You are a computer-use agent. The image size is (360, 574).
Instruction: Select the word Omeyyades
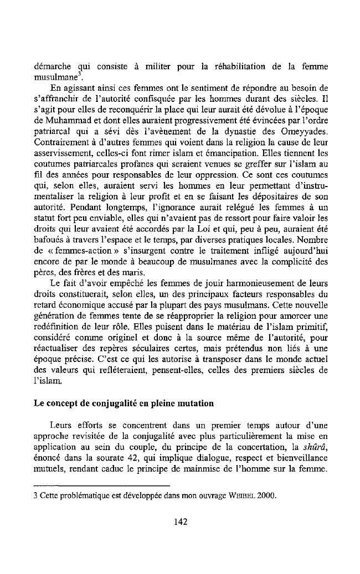pos(306,133)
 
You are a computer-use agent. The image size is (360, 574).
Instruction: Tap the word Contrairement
pos(59,144)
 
